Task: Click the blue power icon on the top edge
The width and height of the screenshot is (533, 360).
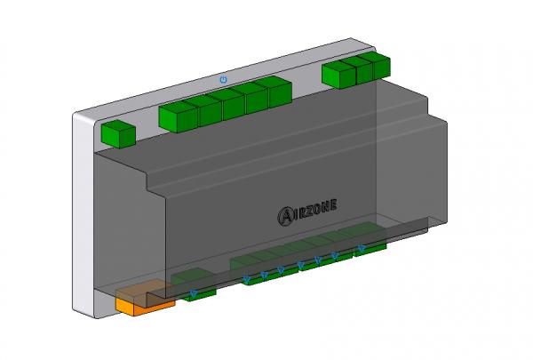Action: coord(223,79)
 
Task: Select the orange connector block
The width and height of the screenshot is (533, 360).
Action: coord(144,300)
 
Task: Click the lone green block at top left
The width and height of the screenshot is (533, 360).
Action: coord(118,134)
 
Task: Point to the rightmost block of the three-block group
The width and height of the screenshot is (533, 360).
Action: coord(379,66)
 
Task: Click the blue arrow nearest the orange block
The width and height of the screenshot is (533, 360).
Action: coord(194,292)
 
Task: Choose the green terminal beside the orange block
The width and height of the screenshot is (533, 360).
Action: coord(200,292)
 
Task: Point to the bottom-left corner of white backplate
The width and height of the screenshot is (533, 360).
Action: coord(78,311)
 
